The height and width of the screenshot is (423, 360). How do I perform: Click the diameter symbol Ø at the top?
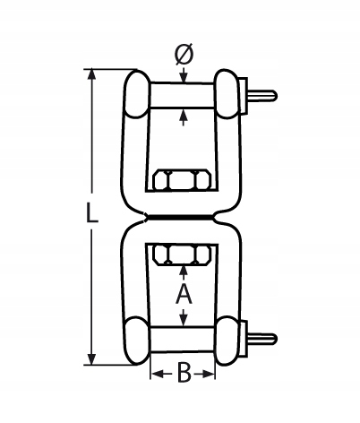coord(184,55)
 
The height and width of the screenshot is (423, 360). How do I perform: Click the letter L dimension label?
coord(91,212)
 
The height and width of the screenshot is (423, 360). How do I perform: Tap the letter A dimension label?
coord(184,294)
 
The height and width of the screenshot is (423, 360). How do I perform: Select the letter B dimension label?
coord(184,373)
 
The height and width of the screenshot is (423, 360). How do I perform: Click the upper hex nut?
coord(182,180)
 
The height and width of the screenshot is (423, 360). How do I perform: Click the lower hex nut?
coord(182,255)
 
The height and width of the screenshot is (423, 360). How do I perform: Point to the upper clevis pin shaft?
coord(182,95)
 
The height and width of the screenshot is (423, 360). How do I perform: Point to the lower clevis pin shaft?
coord(183,340)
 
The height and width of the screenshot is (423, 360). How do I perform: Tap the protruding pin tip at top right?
coord(262,95)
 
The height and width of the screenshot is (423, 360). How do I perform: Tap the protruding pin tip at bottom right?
coord(262,339)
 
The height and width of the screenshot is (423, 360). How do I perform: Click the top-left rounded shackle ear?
coord(137,93)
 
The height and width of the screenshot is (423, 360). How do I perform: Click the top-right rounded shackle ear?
coord(227,93)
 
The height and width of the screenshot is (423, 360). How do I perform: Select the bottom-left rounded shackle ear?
coord(137,341)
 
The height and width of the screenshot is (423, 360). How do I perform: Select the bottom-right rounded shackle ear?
coord(228,341)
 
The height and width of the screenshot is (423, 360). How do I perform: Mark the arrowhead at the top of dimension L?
coord(91,74)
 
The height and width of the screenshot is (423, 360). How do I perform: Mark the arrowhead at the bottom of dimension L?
coord(91,359)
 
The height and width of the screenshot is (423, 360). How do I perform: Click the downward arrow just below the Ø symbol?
coord(184,75)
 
